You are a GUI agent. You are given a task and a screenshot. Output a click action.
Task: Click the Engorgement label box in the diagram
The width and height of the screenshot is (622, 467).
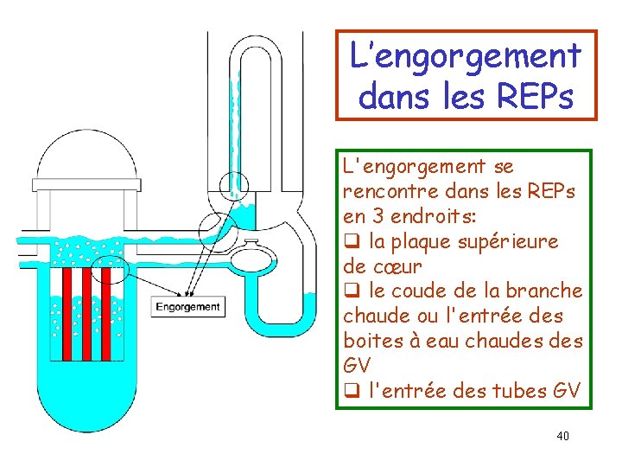coord(188,306)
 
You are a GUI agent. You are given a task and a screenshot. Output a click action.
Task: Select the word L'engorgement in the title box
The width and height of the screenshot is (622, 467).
coord(466,56)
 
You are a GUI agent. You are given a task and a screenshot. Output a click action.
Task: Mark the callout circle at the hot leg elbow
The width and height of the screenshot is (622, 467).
coord(214,229)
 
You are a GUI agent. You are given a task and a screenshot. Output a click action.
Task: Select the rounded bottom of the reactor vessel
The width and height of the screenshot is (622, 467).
coord(86,406)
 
